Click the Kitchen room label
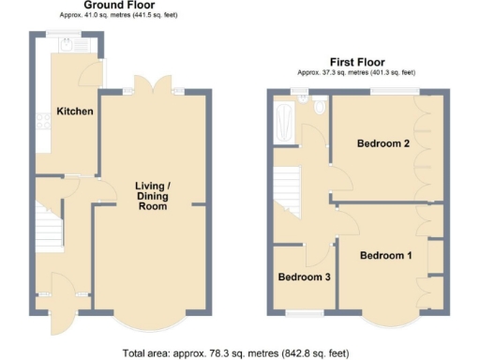(75, 112)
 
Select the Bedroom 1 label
(385, 256)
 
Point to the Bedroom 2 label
(383, 143)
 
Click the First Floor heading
(357, 61)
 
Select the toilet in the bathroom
(320, 111)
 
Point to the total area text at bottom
(235, 353)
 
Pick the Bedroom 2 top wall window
(394, 90)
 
